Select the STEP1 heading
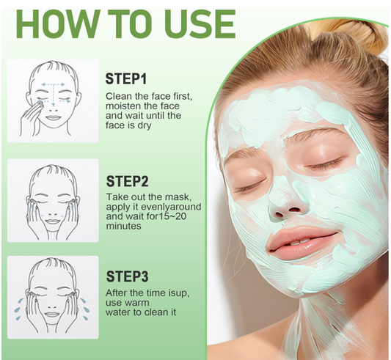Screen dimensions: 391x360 (126, 78)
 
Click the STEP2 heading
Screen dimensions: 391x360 (127, 181)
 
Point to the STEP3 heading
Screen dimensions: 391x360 (127, 276)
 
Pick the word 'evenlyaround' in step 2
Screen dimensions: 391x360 (171, 207)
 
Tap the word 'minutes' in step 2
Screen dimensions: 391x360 (124, 226)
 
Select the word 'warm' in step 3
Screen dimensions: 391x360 (136, 303)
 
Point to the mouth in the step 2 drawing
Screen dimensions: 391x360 (52, 221)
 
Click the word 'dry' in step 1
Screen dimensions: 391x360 (144, 125)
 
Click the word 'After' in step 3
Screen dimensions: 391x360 (117, 293)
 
